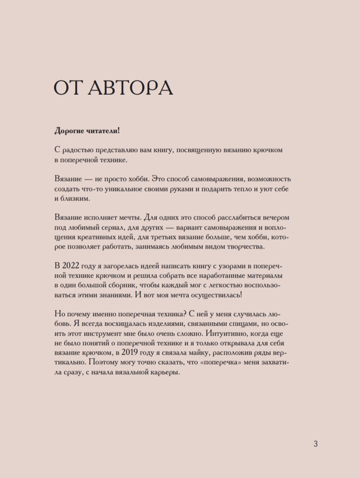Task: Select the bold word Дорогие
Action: (70, 131)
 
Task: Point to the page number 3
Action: (315, 443)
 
